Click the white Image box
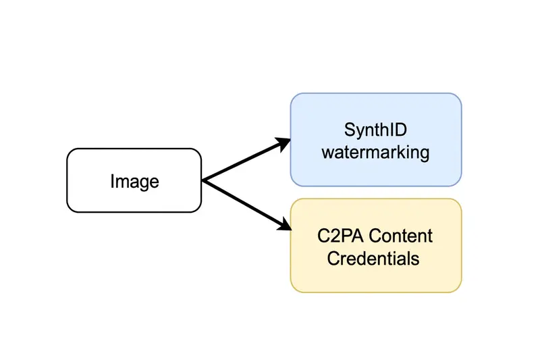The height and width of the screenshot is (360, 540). (x=134, y=180)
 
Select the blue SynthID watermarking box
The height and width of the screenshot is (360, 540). (x=376, y=140)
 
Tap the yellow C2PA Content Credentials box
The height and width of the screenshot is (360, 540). (x=376, y=246)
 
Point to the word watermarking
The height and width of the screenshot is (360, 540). (x=375, y=153)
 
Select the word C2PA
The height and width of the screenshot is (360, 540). (x=340, y=236)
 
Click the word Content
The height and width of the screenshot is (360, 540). (x=401, y=236)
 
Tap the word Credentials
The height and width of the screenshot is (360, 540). (x=373, y=259)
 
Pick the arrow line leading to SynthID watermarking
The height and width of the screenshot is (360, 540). (x=246, y=159)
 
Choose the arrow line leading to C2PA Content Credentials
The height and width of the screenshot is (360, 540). (x=246, y=205)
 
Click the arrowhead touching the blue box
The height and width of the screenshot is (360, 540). (x=283, y=144)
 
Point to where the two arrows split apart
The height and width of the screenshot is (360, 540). (x=203, y=180)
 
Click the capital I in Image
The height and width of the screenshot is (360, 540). (x=112, y=181)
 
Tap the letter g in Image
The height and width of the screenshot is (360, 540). (x=144, y=183)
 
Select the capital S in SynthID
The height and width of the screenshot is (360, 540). (x=350, y=130)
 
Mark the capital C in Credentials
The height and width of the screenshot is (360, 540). (x=333, y=259)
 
